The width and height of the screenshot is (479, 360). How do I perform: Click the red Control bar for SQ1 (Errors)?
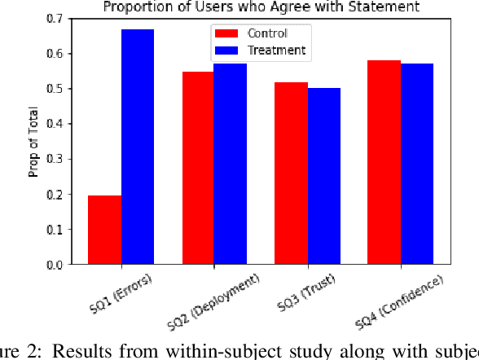pyautogui.click(x=105, y=230)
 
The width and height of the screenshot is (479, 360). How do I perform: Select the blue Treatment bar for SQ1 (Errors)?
pyautogui.click(x=138, y=147)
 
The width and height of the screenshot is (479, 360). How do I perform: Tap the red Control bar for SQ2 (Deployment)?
pyautogui.click(x=198, y=168)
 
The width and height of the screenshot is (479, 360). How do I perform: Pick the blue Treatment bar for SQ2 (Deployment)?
pyautogui.click(x=230, y=164)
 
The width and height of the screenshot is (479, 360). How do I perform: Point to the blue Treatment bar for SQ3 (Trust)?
pyautogui.click(x=323, y=176)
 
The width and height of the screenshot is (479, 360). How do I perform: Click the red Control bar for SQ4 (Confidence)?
pyautogui.click(x=384, y=162)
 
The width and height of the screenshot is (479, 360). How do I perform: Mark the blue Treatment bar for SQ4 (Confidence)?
pyautogui.click(x=416, y=164)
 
